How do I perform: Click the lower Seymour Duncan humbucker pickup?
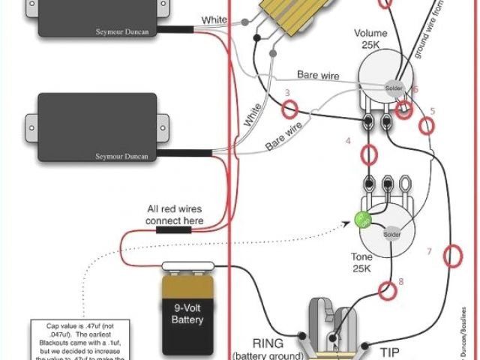coord(94,127)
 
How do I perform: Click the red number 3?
coord(287,94)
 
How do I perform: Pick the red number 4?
coord(348,141)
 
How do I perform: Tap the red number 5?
coord(432,111)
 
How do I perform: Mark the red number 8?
coord(400,282)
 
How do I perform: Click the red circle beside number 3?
coord(289,110)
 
